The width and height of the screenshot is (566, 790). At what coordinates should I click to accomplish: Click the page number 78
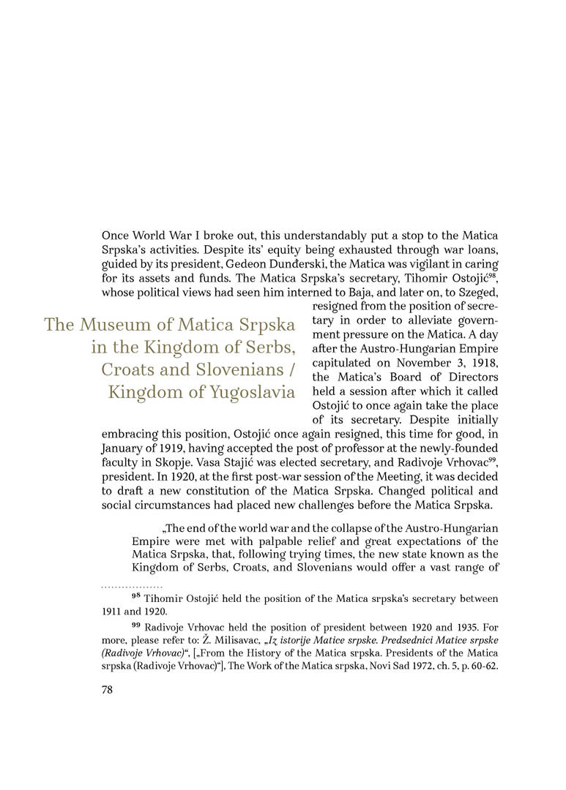coord(107,691)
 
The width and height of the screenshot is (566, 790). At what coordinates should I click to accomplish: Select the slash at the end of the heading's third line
coord(291,369)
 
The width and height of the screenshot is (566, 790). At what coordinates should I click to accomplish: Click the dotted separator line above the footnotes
coord(132,587)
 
